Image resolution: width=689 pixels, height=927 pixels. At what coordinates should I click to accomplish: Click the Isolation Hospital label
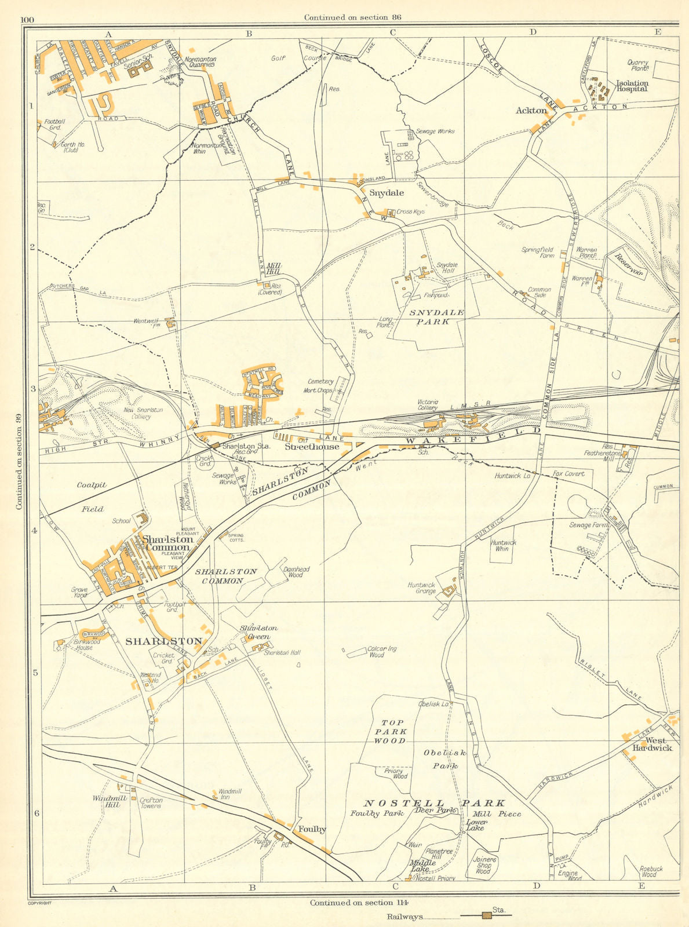point(632,86)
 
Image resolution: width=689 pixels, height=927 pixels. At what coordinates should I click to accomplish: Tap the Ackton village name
point(530,110)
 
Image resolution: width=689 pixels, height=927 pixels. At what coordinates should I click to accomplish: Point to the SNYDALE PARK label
point(437,316)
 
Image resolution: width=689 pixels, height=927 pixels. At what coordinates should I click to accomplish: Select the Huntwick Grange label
point(421,587)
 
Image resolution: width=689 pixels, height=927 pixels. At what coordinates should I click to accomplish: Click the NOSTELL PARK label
point(434,803)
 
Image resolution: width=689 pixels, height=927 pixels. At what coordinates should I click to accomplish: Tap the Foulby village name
point(312,829)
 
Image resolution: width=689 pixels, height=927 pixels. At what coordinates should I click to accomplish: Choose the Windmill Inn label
point(229,794)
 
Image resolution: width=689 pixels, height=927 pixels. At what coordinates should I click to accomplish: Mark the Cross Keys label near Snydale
point(411,212)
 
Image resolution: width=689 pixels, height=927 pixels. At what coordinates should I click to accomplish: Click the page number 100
point(27,20)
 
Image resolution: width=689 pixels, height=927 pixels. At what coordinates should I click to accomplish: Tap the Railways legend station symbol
point(487,916)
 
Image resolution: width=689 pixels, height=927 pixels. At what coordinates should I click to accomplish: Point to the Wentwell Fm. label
point(146,323)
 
